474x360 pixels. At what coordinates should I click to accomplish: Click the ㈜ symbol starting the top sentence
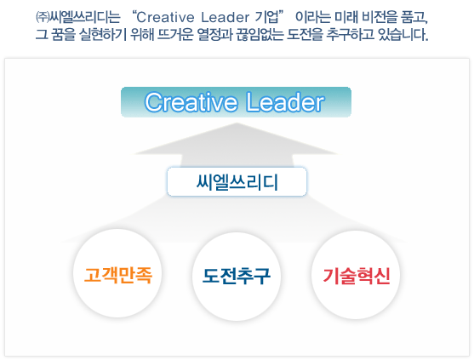[43, 17]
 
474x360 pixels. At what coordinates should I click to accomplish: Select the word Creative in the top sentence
[165, 17]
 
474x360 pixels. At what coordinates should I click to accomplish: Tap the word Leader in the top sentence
[226, 17]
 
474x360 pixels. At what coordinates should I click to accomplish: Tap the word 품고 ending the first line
[414, 17]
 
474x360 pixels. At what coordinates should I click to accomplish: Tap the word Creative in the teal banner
[191, 102]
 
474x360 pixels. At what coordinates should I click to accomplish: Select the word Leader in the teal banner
[285, 102]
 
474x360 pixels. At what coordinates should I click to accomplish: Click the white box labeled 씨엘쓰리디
[237, 181]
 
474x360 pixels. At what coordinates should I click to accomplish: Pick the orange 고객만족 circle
[117, 273]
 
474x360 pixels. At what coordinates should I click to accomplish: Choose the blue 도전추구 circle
[237, 276]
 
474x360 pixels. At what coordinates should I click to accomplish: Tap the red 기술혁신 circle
[356, 275]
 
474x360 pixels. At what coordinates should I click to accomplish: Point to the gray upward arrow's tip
[237, 123]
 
